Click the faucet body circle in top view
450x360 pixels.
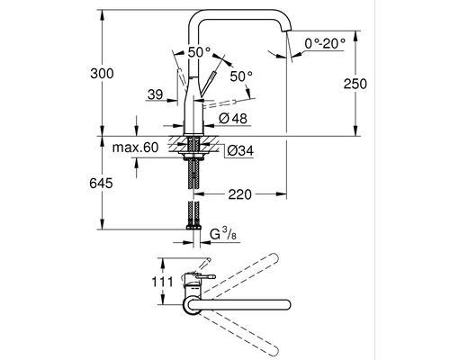pyautogui.click(x=194, y=309)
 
